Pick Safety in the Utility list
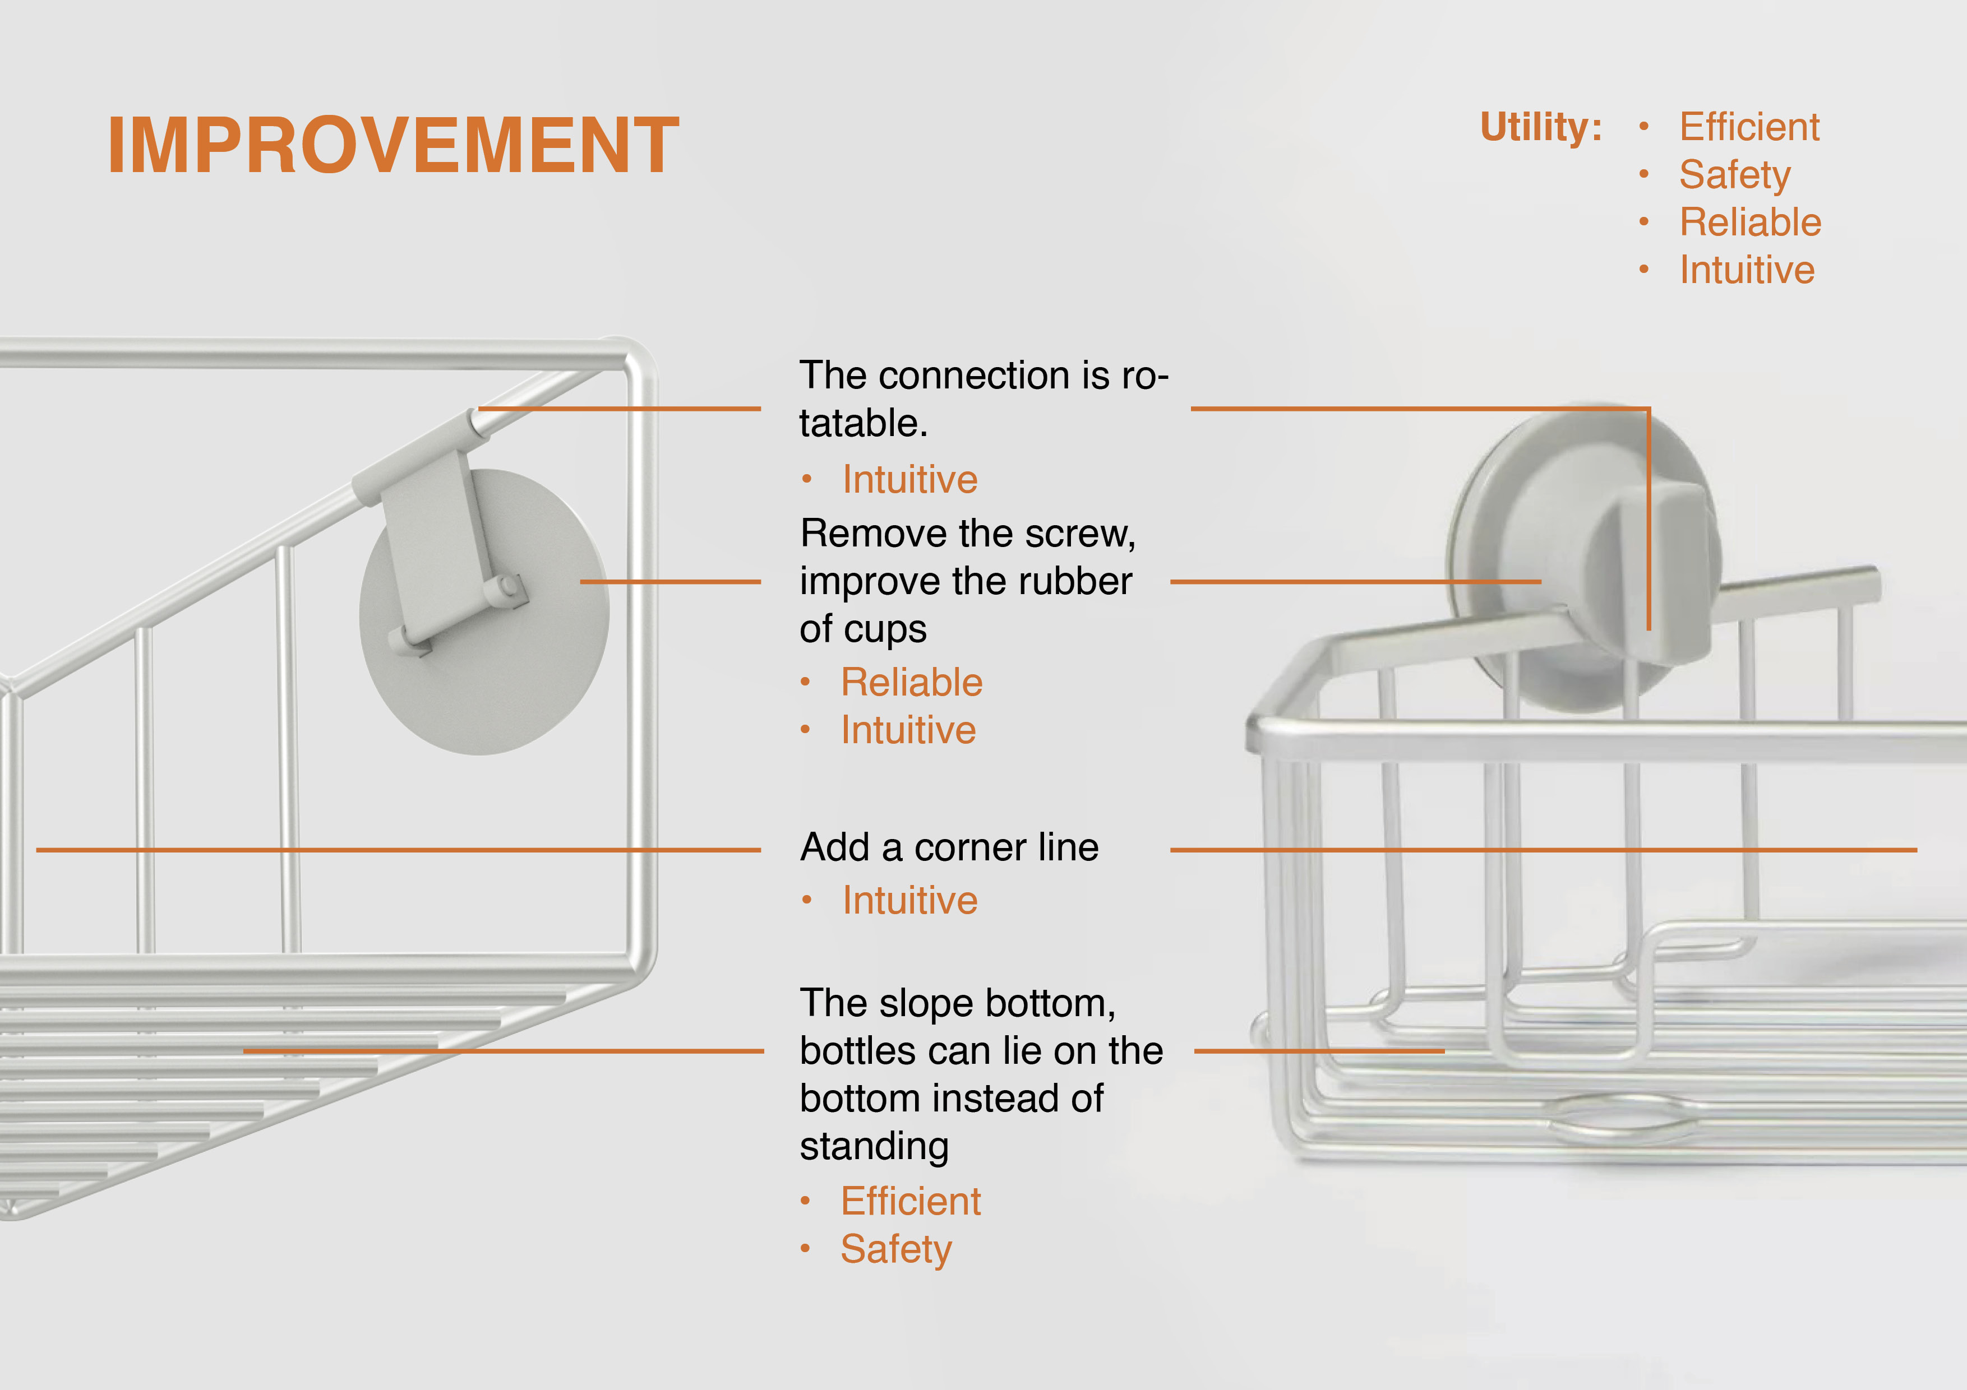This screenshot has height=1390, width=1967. [x=1735, y=175]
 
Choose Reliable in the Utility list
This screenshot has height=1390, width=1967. [x=1750, y=222]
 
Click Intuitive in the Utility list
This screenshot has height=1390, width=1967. [x=1747, y=270]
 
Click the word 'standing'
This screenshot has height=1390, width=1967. [x=874, y=1147]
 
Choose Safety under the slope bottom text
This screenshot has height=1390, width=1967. [x=896, y=1249]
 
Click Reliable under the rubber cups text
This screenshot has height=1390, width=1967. [x=912, y=683]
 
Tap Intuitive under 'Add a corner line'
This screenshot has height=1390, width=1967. [x=910, y=900]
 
